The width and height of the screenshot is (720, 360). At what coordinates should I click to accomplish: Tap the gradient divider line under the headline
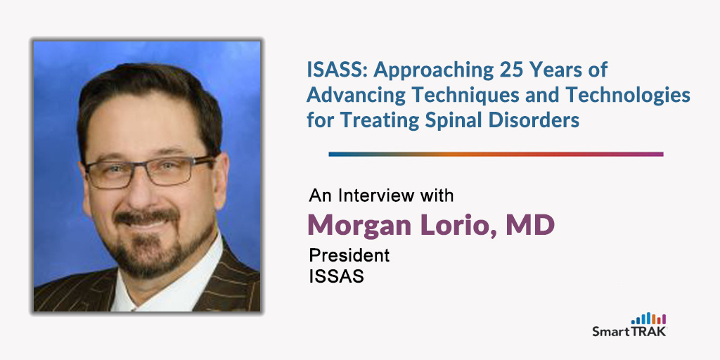[x=496, y=154]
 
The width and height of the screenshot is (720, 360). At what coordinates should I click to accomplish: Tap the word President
[x=349, y=255]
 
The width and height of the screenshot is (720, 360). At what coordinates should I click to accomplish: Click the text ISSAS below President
[x=337, y=276]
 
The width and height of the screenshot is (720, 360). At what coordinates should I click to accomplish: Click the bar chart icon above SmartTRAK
[x=648, y=319]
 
